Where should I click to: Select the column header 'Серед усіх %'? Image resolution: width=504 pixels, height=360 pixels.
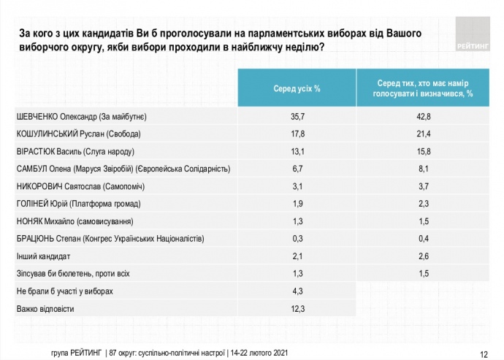coord(297,88)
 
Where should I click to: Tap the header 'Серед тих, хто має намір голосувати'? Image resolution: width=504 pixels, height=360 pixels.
coord(424,88)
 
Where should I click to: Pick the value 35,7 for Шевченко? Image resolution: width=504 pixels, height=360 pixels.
coord(297,117)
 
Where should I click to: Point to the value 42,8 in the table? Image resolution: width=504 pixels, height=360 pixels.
coord(424,117)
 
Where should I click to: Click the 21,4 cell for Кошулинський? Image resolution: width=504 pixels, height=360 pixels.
coord(424,134)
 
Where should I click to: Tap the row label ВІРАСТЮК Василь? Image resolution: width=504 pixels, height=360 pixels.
coord(75,152)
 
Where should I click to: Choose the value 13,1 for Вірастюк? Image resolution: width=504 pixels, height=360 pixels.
coord(297,152)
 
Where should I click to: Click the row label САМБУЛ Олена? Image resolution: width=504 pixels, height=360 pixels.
coord(123,169)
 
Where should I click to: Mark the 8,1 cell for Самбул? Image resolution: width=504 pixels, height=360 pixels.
coord(424,169)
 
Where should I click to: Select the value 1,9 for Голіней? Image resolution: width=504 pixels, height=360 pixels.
coord(297,204)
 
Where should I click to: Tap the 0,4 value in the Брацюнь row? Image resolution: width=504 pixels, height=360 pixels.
coord(424,239)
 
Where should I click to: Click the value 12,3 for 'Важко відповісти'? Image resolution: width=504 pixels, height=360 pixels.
coord(297,309)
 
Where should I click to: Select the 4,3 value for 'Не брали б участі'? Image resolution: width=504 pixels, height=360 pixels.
coord(297,291)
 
